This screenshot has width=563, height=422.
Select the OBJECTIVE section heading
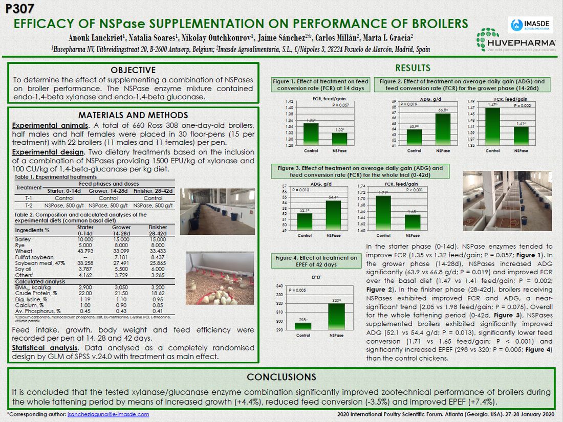pos(133,70)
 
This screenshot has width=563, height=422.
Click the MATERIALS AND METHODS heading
pos(133,115)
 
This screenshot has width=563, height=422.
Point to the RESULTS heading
pos(413,68)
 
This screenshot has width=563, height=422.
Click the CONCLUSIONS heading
pos(281,377)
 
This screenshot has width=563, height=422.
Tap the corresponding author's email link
pos(108,414)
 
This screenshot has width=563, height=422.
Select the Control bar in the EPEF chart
pos(304,326)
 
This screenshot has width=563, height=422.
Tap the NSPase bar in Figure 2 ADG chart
pos(443,129)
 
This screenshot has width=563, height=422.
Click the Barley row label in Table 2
pos(23,239)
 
